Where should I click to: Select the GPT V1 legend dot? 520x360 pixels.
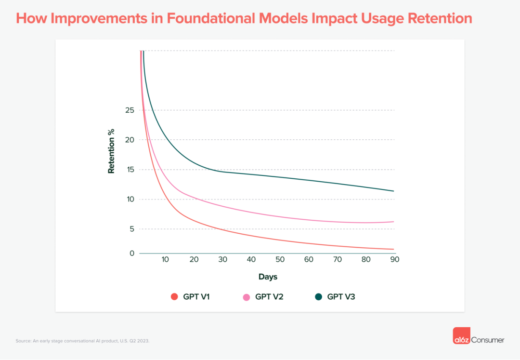(175, 297)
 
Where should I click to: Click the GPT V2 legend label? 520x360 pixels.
(269, 297)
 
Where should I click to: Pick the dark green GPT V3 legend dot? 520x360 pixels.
(318, 297)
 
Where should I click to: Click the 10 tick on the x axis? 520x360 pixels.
(165, 260)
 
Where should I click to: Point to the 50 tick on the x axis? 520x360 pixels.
(280, 260)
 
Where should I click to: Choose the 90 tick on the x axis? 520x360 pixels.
(395, 260)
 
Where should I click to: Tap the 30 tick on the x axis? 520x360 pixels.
(222, 260)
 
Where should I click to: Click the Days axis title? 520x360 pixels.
(268, 277)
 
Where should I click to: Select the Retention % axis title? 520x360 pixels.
(111, 151)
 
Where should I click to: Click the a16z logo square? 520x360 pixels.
(461, 336)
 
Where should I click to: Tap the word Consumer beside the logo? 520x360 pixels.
(488, 340)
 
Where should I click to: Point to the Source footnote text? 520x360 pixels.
(82, 341)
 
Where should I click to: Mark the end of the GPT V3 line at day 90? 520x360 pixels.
(394, 191)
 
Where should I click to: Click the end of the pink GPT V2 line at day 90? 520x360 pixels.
(394, 222)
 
